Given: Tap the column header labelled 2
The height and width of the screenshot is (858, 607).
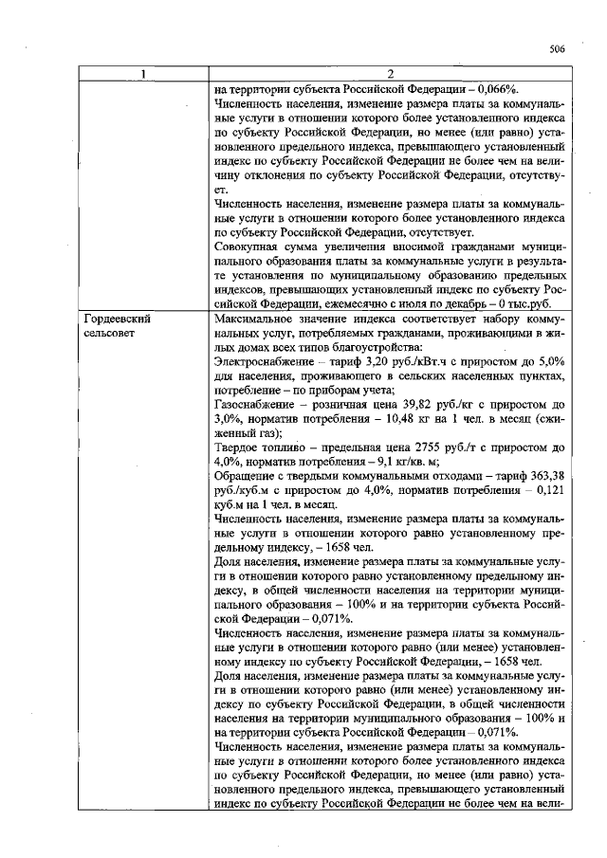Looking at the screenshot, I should pos(390,76).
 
